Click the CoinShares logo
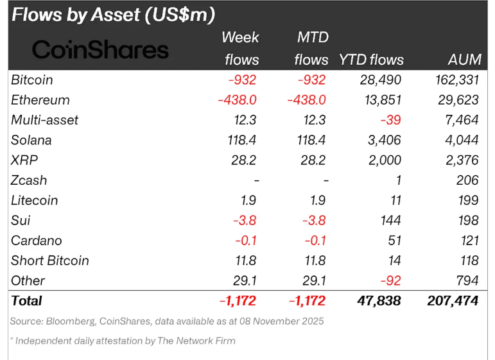pyautogui.click(x=100, y=49)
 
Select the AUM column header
pyautogui.click(x=464, y=60)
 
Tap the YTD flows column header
pyautogui.click(x=372, y=60)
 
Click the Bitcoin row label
pyautogui.click(x=32, y=80)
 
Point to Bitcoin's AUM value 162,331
pyautogui.click(x=453, y=80)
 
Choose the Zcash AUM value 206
pyautogui.click(x=467, y=180)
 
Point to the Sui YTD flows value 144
pyautogui.click(x=390, y=220)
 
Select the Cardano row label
pyautogui.click(x=36, y=240)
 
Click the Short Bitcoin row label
pyautogui.click(x=50, y=261)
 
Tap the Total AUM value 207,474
pyautogui.click(x=453, y=300)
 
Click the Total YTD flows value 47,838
pyautogui.click(x=379, y=300)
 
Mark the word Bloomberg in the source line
pyautogui.click(x=71, y=321)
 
